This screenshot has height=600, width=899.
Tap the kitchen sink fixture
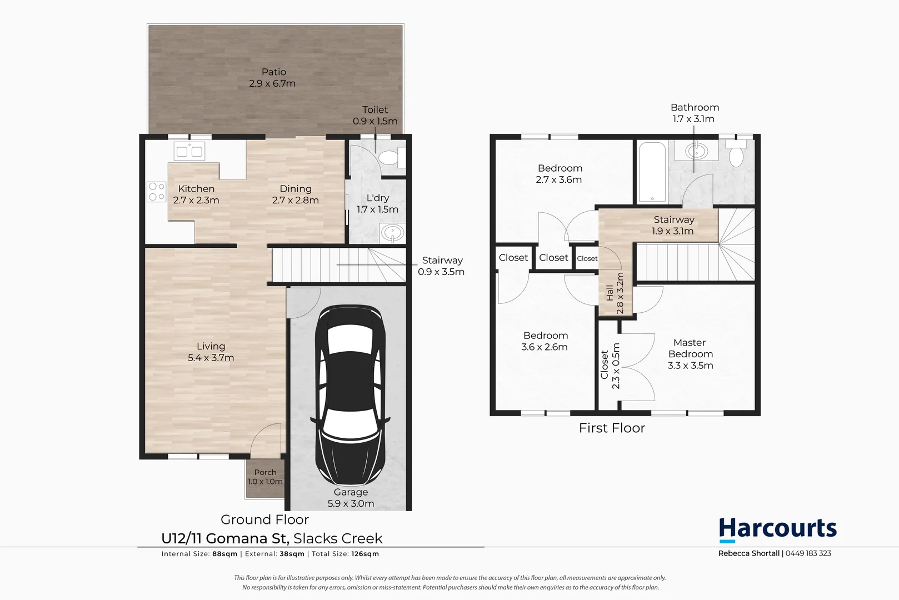(189, 150)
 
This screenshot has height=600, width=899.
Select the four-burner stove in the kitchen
(157, 192)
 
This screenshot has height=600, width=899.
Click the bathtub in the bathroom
(651, 172)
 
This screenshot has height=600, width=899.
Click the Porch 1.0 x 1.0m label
(265, 477)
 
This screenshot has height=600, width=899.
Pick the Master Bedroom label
(690, 354)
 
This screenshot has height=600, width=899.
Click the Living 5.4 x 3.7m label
(211, 352)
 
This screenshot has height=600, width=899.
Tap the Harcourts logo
(777, 529)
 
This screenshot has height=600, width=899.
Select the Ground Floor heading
(264, 519)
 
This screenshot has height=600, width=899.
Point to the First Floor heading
(612, 428)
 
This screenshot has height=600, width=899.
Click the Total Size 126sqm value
(365, 554)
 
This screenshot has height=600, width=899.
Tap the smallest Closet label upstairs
(587, 258)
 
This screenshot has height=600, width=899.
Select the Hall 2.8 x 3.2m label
(615, 293)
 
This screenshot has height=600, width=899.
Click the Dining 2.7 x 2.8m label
(295, 194)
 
